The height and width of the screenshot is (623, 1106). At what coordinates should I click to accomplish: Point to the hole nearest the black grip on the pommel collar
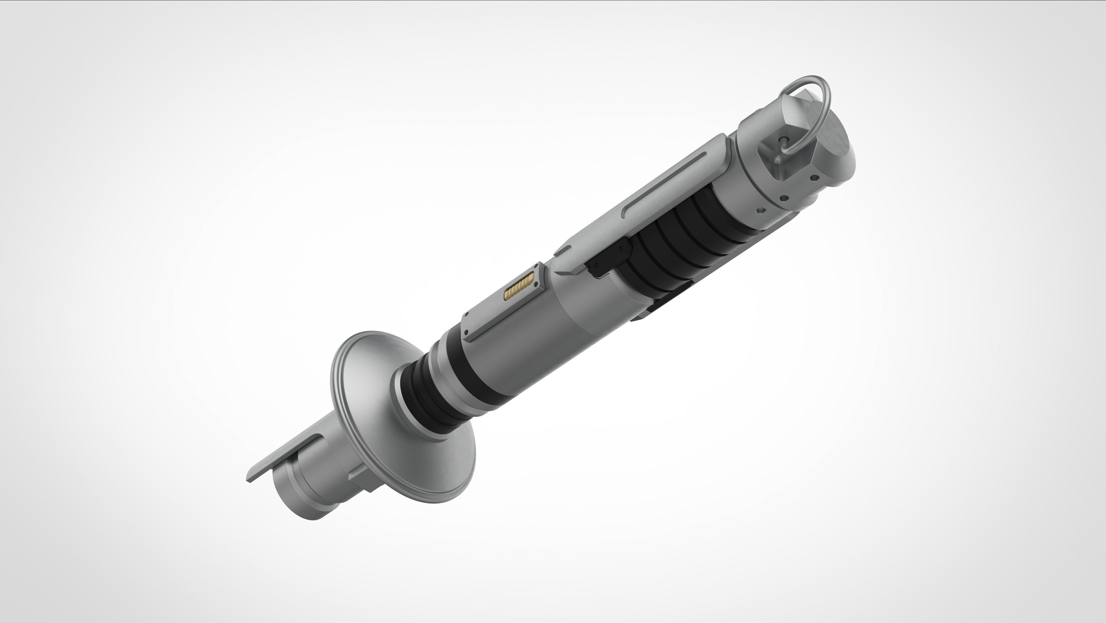tap(761, 211)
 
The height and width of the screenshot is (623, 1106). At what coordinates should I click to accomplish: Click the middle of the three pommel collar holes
tap(784, 199)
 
